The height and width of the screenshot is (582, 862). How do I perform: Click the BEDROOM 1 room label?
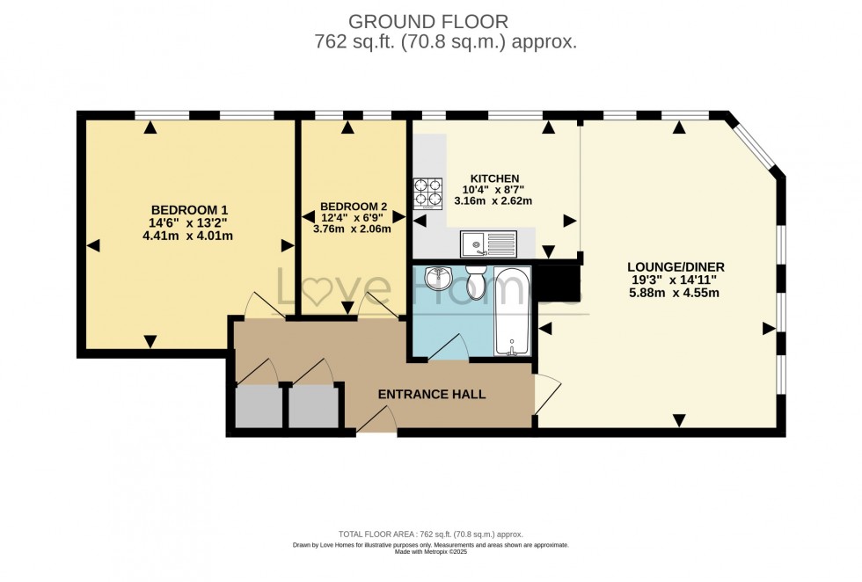click(189, 209)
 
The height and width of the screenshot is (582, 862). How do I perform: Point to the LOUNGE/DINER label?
click(676, 266)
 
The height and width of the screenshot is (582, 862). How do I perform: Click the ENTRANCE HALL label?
click(431, 395)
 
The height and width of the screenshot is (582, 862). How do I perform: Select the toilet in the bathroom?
click(476, 281)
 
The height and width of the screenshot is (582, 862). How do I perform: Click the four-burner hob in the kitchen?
click(427, 192)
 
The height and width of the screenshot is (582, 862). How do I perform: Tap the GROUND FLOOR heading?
click(428, 20)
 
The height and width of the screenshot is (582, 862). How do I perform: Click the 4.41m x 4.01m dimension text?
click(189, 236)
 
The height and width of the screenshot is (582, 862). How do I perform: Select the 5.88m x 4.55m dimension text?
click(676, 293)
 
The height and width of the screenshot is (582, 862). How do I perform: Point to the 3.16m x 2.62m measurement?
click(493, 200)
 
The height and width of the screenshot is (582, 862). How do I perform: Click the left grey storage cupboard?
click(259, 407)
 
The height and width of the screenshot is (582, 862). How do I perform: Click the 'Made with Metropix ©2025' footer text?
click(430, 551)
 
